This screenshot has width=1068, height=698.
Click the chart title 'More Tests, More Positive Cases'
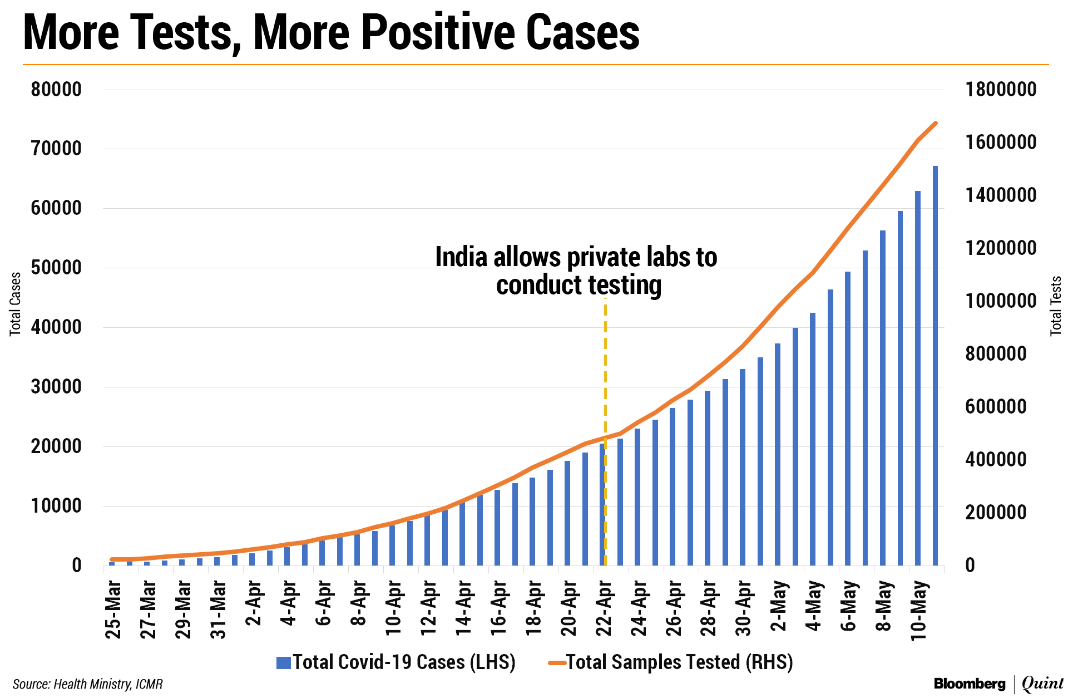(x=332, y=32)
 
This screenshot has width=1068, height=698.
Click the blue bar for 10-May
(x=918, y=379)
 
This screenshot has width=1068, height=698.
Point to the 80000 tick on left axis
(x=56, y=90)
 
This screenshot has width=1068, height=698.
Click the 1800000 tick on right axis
(x=1001, y=90)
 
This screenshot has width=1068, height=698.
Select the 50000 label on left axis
(x=56, y=268)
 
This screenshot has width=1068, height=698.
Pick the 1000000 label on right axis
(x=1001, y=301)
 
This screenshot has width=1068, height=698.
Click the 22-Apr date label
(x=604, y=609)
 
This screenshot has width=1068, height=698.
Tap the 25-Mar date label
(x=113, y=609)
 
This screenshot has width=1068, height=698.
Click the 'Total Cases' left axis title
(x=15, y=304)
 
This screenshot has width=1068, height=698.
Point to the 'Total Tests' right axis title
(x=1055, y=306)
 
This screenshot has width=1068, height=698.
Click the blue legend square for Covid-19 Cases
(x=284, y=662)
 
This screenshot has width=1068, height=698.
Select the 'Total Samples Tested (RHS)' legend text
(x=679, y=662)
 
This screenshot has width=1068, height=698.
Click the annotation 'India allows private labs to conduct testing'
(x=576, y=271)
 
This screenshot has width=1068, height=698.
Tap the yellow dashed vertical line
(x=605, y=390)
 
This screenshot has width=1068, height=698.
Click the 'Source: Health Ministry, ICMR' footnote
(x=88, y=684)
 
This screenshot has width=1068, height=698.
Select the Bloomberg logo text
(x=970, y=684)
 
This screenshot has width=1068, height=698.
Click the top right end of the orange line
(x=936, y=123)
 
